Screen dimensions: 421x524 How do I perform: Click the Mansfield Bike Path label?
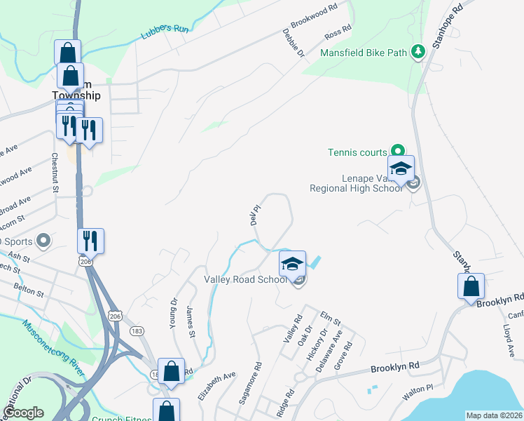click(364, 53)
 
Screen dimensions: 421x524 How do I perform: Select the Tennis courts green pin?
click(398, 150)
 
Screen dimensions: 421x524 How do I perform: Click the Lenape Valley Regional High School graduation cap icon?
click(401, 169)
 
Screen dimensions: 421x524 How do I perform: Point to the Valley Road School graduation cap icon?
click(293, 264)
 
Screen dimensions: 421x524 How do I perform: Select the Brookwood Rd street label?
click(315, 15)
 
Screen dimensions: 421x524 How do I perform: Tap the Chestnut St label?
click(55, 172)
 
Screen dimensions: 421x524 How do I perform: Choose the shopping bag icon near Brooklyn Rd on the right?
click(471, 286)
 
